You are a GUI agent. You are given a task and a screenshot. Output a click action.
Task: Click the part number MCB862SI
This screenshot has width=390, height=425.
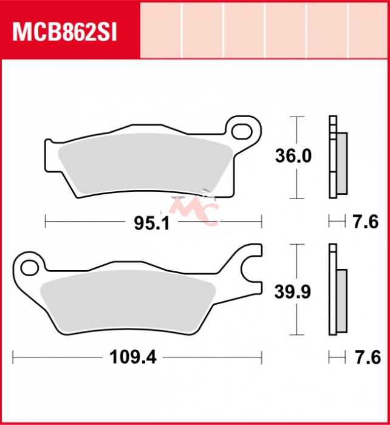pos(64,33)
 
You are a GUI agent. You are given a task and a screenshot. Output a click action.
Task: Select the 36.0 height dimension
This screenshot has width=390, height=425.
pos(293,156)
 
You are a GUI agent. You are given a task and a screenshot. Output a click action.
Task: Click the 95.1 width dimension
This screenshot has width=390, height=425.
pos(152,223)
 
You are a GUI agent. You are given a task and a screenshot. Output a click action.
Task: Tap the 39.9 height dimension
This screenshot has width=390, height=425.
pos(293,292)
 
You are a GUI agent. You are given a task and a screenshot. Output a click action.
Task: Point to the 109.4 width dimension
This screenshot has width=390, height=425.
pos(133,357)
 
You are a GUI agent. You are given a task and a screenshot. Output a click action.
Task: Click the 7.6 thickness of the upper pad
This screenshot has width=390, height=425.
pos(366,222)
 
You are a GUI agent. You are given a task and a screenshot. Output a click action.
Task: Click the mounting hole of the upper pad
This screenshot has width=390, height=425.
pos(242,131)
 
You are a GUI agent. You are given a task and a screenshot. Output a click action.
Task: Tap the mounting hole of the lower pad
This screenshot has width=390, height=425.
pos(30,268)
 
